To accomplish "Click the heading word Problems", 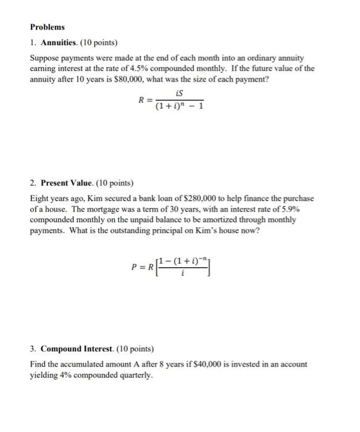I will (47, 28).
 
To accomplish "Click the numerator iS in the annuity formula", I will (179, 93).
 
